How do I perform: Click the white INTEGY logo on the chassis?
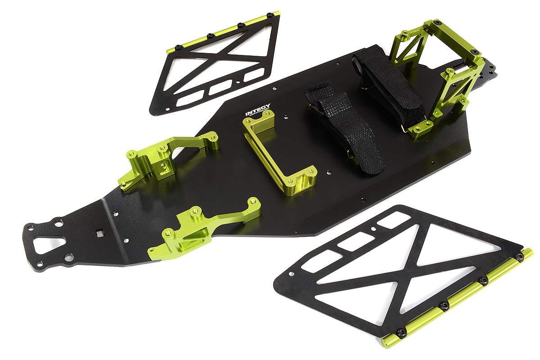257,110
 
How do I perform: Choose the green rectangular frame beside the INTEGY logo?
279,153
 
